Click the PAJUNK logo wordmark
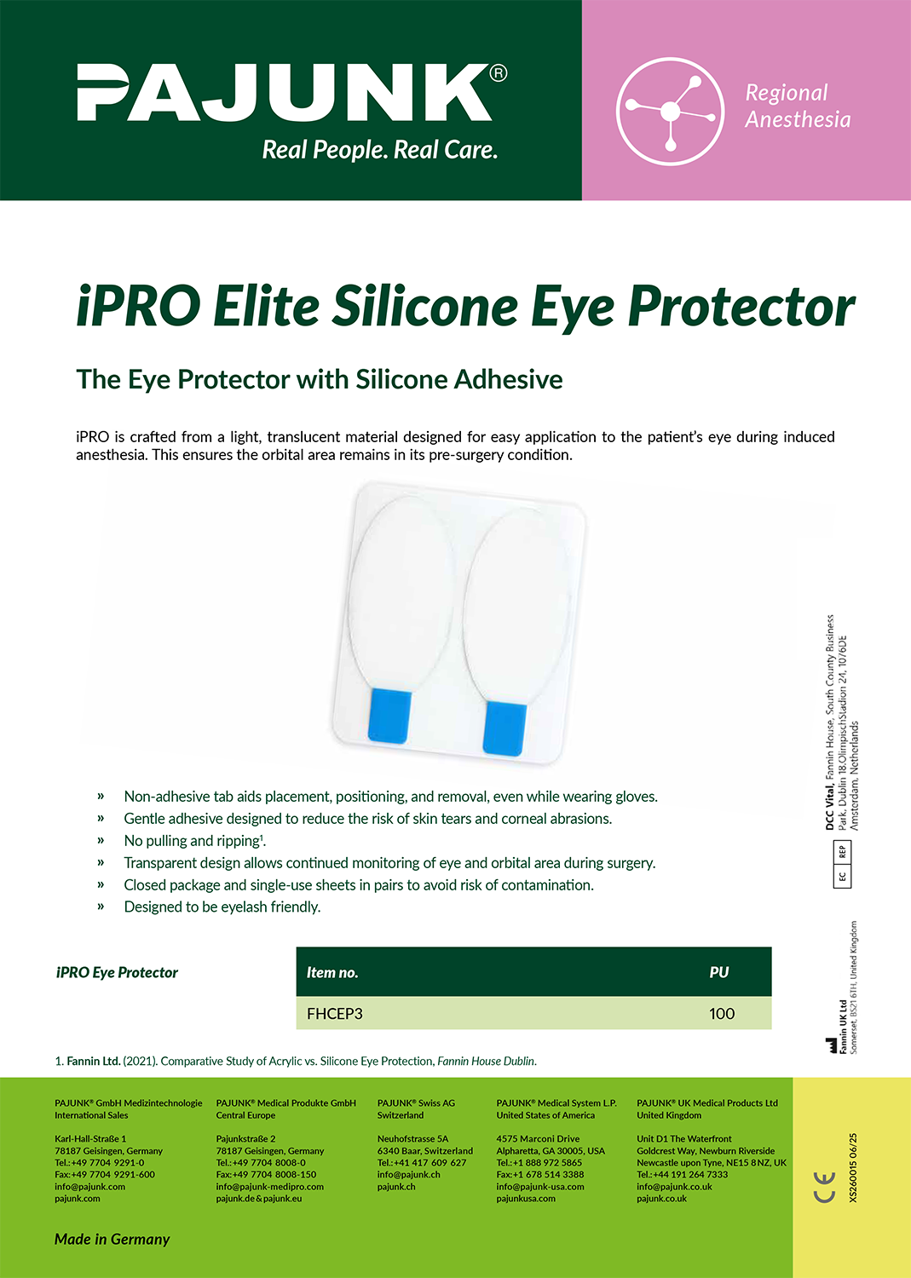[x=285, y=92]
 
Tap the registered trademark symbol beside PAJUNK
[x=499, y=73]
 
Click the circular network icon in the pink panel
[x=670, y=112]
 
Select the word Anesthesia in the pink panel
[x=798, y=120]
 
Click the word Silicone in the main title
[x=425, y=306]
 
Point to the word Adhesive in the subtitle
[x=508, y=379]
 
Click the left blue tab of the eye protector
[x=389, y=717]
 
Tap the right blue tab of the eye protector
[x=505, y=728]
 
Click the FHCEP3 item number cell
[x=335, y=1013]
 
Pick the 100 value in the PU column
[x=722, y=1013]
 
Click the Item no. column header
[x=332, y=972]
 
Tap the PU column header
[x=719, y=972]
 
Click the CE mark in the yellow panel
[x=824, y=1188]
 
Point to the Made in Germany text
[x=112, y=1239]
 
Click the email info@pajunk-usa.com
[x=540, y=1186]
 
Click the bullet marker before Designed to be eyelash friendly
[x=101, y=907]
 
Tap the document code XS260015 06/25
[x=853, y=1167]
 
